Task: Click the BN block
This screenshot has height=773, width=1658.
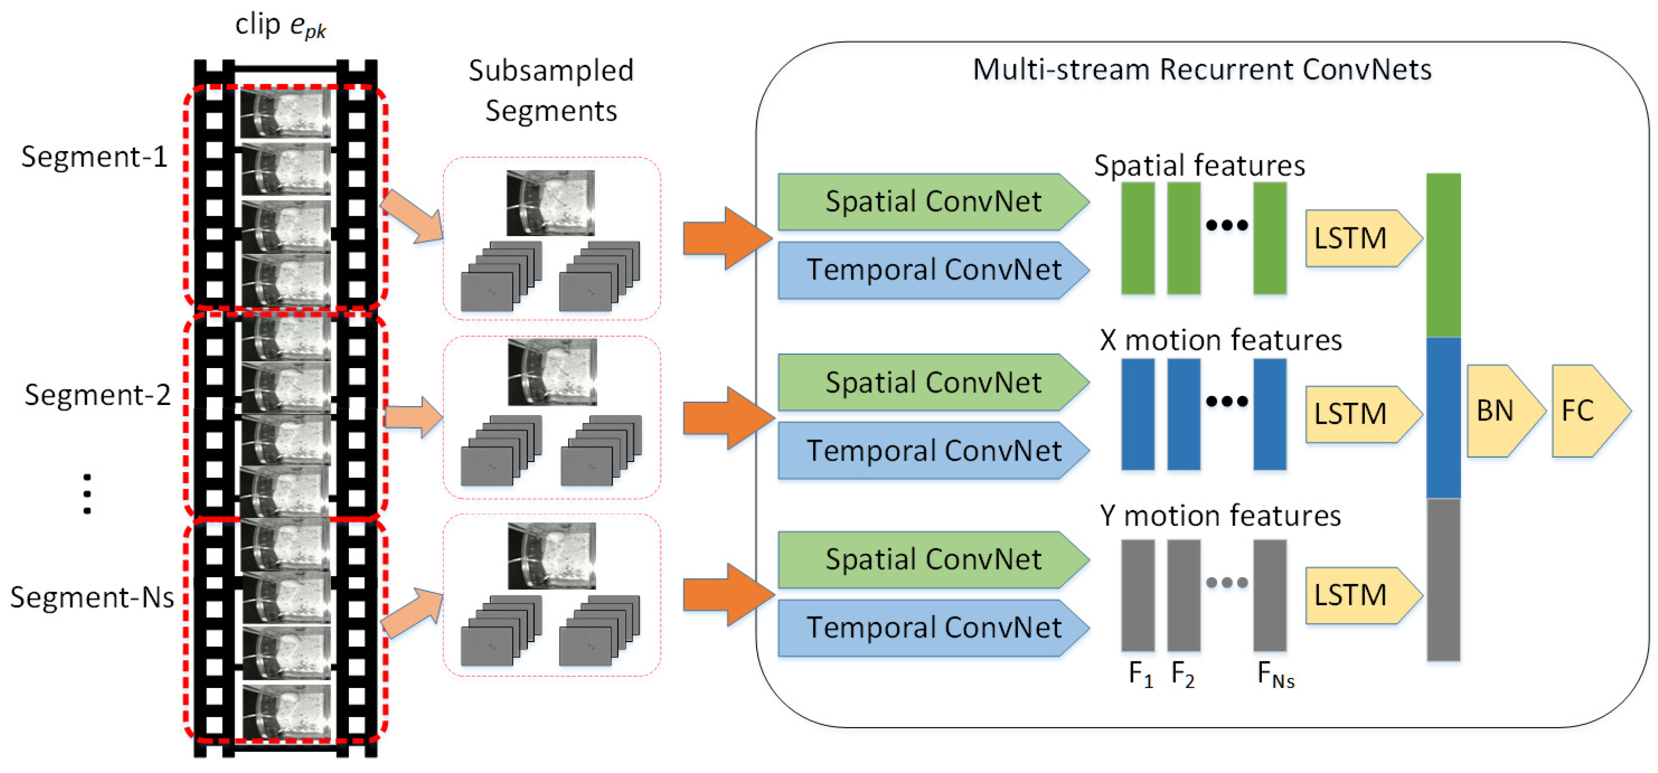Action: (1500, 411)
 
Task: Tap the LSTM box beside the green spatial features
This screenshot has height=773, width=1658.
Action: (1357, 238)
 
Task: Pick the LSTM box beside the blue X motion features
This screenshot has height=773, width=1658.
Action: (1357, 414)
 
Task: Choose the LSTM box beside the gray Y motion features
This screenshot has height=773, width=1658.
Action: (1357, 595)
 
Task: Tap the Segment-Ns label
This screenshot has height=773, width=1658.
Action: (92, 597)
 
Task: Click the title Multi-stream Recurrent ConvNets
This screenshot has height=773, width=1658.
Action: (1202, 70)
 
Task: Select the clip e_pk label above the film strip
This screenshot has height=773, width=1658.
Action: (280, 26)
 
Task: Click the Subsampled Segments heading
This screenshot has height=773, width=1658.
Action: (551, 90)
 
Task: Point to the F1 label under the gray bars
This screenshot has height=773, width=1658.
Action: (1140, 674)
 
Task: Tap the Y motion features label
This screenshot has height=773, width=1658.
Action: (1220, 516)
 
